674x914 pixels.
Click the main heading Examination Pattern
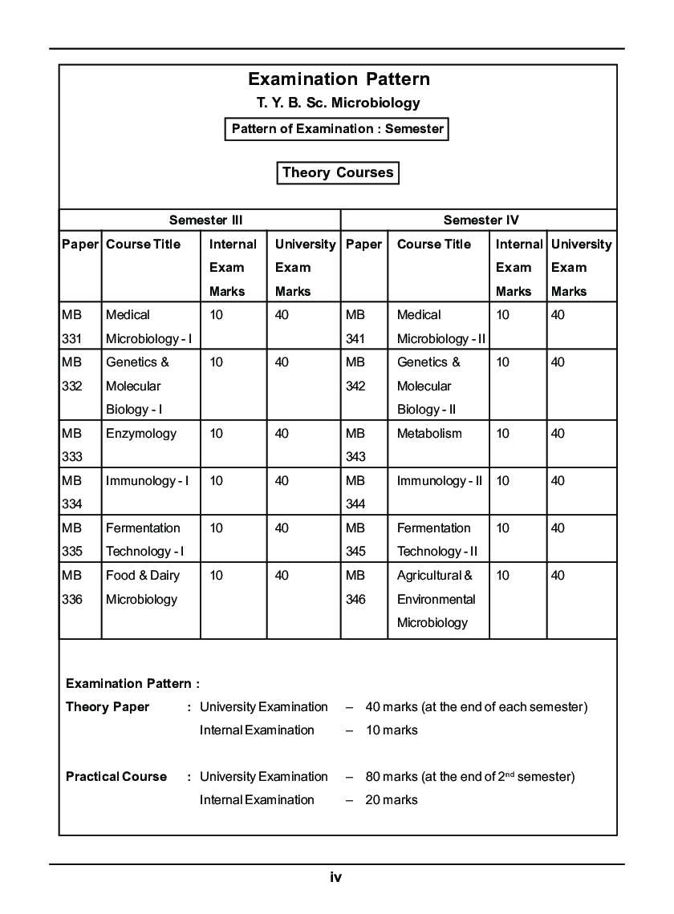click(339, 79)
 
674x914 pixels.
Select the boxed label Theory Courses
click(338, 172)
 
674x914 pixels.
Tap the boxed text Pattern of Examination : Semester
click(337, 128)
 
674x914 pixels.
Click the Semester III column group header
click(205, 220)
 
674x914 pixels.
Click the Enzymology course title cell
click(141, 434)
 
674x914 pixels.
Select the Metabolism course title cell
click(429, 434)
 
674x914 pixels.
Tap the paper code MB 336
click(72, 587)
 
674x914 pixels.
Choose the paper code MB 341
click(355, 326)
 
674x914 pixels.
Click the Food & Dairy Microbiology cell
click(143, 587)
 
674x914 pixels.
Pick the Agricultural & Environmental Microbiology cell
click(436, 599)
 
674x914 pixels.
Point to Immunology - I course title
click(148, 481)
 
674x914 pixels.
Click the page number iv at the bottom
click(336, 877)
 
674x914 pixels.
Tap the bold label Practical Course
click(116, 777)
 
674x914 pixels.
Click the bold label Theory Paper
click(108, 707)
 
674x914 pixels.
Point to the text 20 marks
click(392, 799)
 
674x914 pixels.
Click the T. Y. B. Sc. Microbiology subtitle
click(338, 103)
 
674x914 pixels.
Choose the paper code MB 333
click(72, 445)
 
